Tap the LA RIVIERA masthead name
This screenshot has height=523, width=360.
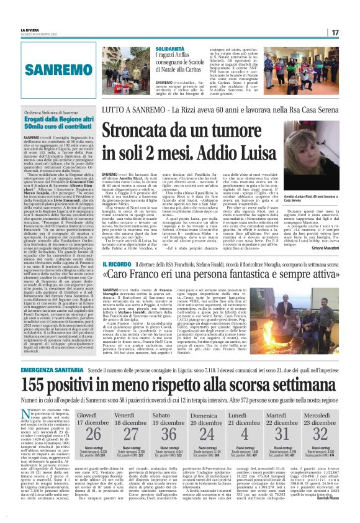click(30, 29)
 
